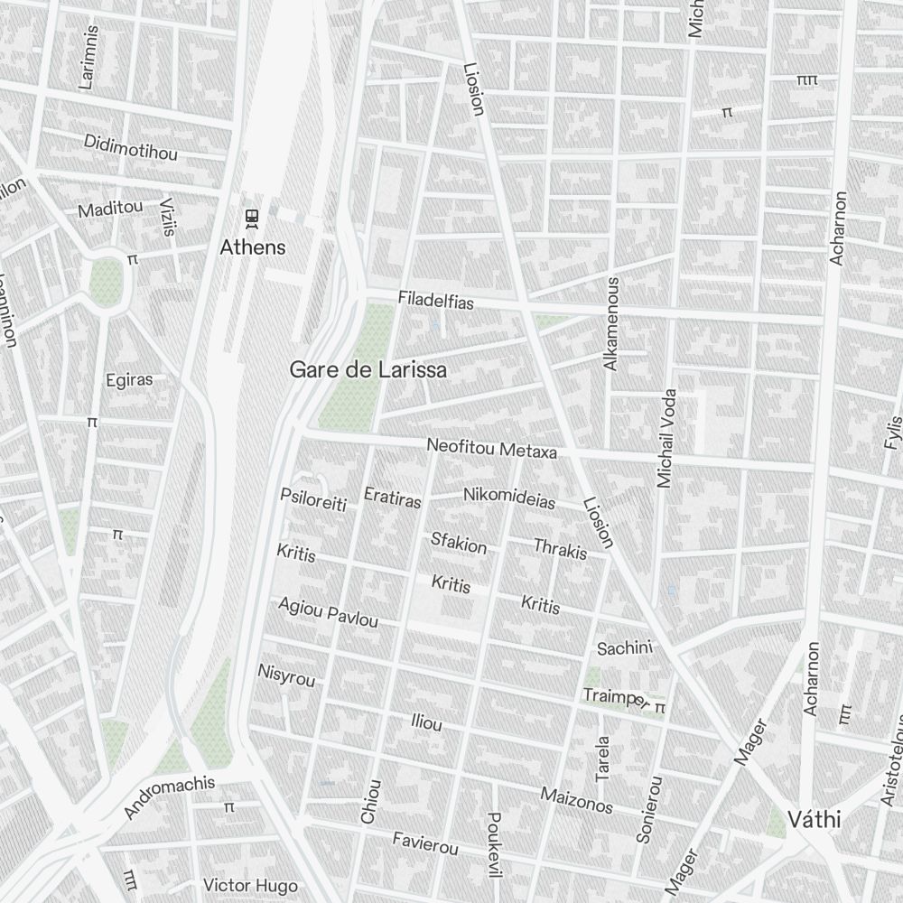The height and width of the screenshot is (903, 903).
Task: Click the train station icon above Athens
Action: [x=252, y=218]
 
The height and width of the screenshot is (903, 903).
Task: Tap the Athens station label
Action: [x=253, y=247]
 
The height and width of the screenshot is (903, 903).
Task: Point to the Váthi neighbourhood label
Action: [x=814, y=820]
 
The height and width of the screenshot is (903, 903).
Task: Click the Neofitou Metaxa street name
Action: [x=491, y=448]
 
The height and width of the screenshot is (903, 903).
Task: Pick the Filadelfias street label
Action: [x=435, y=300]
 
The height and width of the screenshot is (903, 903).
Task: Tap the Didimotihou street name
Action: [x=131, y=147]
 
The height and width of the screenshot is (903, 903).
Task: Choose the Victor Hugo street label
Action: [x=250, y=884]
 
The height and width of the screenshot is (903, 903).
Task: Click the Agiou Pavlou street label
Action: [x=327, y=612]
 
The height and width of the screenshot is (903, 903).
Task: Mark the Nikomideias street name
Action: [x=509, y=498]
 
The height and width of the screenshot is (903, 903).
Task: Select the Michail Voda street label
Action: [x=666, y=439]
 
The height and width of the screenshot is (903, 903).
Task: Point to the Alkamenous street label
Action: [x=612, y=323]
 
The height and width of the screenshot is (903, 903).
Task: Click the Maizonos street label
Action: [x=577, y=800]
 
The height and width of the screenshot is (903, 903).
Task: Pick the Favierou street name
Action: [x=425, y=843]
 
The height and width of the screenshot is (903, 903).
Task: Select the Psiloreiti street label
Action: [x=313, y=499]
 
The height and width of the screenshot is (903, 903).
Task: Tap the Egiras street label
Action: [x=129, y=379]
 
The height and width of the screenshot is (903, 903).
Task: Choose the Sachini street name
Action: [x=624, y=647]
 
